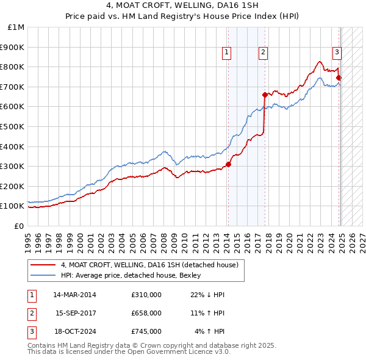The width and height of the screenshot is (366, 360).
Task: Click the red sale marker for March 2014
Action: click(x=228, y=164)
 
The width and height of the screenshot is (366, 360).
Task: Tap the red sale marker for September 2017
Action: click(x=265, y=95)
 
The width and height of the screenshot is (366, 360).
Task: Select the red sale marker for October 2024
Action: click(x=339, y=77)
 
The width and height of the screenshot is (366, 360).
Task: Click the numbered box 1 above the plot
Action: click(x=226, y=53)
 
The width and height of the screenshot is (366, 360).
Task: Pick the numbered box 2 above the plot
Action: click(x=263, y=53)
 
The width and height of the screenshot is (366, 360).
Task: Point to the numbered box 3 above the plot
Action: click(x=336, y=53)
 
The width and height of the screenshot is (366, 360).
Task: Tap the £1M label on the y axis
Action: click(x=16, y=27)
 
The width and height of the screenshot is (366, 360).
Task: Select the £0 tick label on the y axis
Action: click(x=18, y=226)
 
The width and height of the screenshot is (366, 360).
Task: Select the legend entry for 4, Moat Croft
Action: click(x=152, y=265)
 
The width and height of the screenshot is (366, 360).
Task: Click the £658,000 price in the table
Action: click(x=146, y=312)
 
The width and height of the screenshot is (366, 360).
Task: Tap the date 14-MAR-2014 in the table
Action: click(x=74, y=295)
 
